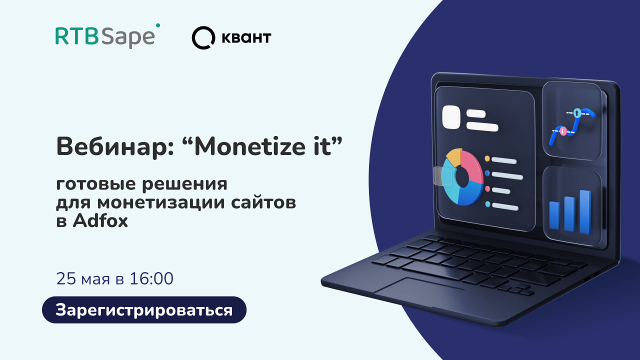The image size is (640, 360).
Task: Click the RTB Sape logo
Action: [x=107, y=36]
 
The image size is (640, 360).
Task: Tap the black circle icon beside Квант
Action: [x=203, y=37]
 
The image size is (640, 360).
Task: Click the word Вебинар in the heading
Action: [x=115, y=146]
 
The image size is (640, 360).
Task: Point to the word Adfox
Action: [x=100, y=221]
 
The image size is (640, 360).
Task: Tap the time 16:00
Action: [x=151, y=278]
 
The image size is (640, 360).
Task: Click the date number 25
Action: [x=66, y=278]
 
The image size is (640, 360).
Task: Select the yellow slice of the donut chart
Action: [x=454, y=157]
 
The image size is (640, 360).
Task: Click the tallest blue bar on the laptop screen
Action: [x=585, y=212]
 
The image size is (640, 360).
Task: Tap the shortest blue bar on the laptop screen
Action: [x=554, y=215]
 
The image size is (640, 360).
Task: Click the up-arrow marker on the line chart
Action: [x=577, y=113]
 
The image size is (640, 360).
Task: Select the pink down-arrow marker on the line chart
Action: [x=563, y=131]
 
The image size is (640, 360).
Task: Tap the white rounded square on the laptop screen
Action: [x=451, y=117]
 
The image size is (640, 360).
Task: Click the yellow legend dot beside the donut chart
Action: [x=487, y=158]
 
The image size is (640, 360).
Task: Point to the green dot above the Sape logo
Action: [x=158, y=25]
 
